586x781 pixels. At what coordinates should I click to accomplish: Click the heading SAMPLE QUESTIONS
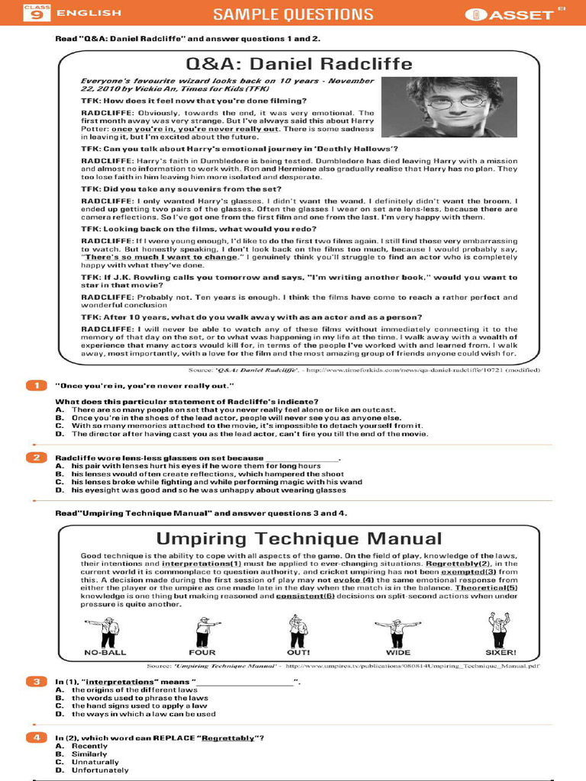[x=293, y=14]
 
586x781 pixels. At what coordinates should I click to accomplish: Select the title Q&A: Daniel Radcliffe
[x=299, y=63]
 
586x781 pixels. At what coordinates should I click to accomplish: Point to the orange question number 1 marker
[x=35, y=386]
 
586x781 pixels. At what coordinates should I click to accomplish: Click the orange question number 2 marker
[x=35, y=458]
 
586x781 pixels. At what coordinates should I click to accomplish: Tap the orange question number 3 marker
[x=35, y=680]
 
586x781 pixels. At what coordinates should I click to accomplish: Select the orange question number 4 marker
[x=35, y=738]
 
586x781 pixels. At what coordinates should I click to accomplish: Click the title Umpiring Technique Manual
[x=299, y=538]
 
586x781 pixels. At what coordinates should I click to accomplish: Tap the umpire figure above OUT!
[x=298, y=630]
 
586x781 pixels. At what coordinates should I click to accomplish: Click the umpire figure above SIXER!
[x=499, y=629]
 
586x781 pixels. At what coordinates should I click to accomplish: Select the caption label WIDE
[x=398, y=653]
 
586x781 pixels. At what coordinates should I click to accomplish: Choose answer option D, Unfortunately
[x=99, y=770]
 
